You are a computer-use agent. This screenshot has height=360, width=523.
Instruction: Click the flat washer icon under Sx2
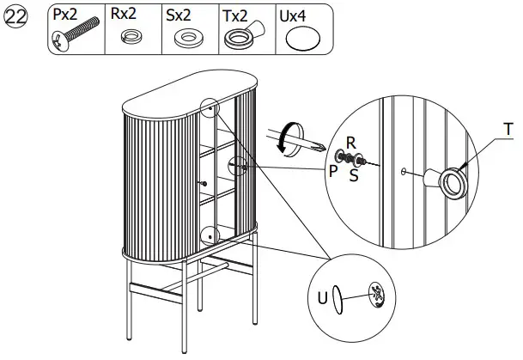pyautogui.click(x=187, y=39)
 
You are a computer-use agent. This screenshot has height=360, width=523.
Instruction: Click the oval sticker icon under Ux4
pyautogui.click(x=301, y=39)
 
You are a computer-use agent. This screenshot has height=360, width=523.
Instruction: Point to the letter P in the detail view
pyautogui.click(x=331, y=168)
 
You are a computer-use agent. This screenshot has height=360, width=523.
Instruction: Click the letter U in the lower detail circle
pyautogui.click(x=321, y=300)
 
